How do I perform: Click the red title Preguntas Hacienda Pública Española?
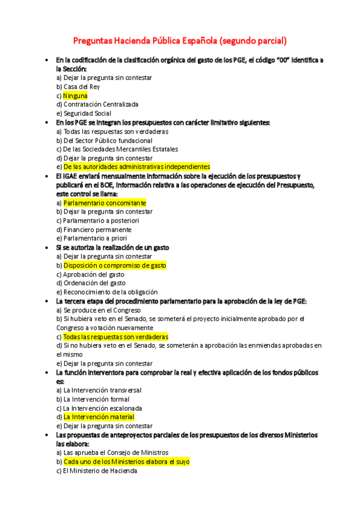tap(180, 41)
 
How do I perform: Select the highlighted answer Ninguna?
tap(75, 96)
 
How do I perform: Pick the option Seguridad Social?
tap(87, 113)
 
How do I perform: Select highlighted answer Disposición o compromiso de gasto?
tap(115, 265)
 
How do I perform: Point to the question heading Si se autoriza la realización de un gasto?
tap(112, 247)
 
